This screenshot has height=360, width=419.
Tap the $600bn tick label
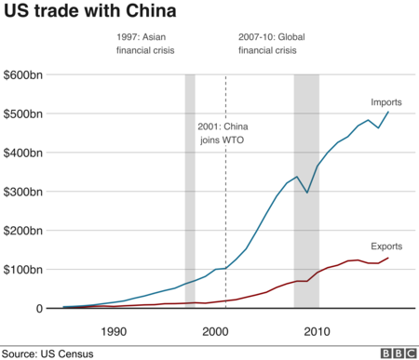tap(22, 74)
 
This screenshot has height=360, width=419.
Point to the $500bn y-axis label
tap(22, 113)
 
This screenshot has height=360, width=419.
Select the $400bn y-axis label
tap(22, 153)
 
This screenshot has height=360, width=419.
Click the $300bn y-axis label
tap(22, 192)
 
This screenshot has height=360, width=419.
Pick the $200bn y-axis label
tap(22, 231)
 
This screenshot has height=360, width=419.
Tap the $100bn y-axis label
tap(22, 270)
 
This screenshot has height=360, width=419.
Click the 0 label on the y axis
tap(39, 309)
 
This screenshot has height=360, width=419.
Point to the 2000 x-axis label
tap(215, 330)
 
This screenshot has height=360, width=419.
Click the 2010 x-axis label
tap(318, 330)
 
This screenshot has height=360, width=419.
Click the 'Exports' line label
tap(386, 246)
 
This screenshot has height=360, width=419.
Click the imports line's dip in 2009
tap(307, 193)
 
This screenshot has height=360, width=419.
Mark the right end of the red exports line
tap(388, 258)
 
